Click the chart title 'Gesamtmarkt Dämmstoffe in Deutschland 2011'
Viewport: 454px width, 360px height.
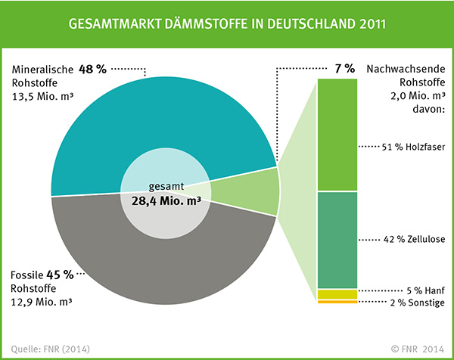coord(227,23)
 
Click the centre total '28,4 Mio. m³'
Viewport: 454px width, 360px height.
coord(163,201)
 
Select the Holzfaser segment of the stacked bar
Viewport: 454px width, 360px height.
coord(337,135)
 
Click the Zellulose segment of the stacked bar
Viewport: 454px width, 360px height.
coord(337,240)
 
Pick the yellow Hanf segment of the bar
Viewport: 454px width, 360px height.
coord(337,293)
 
